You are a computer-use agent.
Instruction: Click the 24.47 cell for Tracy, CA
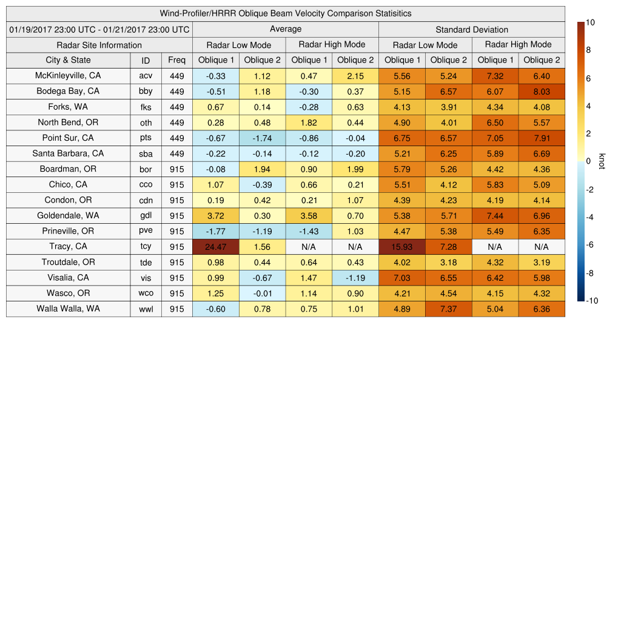(215, 247)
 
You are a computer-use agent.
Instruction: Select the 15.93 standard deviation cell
(401, 247)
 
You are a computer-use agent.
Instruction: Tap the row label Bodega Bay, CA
(68, 92)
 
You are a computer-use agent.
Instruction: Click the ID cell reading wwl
(146, 309)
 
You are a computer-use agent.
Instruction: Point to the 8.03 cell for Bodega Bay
(542, 92)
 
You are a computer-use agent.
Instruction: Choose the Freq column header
(177, 60)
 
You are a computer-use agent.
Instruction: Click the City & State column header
(68, 60)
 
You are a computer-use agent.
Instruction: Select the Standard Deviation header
(472, 30)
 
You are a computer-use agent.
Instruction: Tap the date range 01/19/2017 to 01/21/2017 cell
(99, 30)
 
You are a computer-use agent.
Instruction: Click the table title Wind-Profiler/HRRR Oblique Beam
(286, 13)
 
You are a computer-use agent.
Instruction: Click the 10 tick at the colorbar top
(590, 22)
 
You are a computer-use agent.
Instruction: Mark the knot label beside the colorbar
(602, 161)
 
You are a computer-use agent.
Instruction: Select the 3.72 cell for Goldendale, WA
(215, 216)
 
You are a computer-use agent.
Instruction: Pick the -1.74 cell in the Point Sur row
(262, 138)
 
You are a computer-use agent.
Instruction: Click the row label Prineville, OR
(68, 231)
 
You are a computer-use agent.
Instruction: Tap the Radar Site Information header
(99, 45)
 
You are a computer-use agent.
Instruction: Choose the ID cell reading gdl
(146, 216)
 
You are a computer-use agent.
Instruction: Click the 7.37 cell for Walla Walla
(448, 309)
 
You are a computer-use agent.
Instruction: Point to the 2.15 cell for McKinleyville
(355, 76)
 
